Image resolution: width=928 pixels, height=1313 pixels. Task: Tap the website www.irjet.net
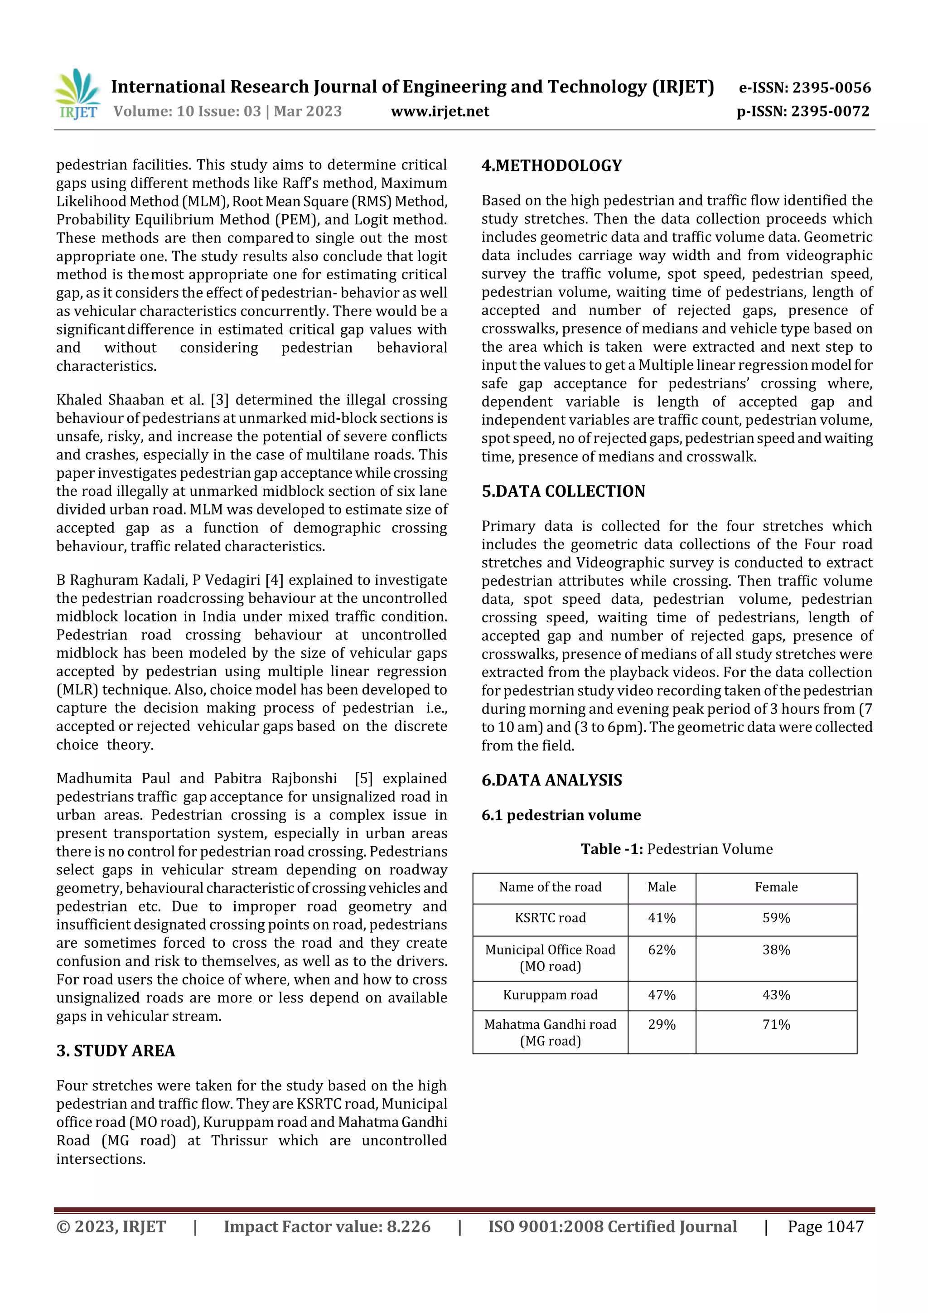pos(440,111)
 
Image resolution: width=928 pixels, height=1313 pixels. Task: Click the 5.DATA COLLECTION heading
pos(563,491)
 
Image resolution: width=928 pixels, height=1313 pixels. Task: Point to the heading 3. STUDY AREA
pos(116,1051)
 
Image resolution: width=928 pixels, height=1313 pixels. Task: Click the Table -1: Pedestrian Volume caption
pos(677,848)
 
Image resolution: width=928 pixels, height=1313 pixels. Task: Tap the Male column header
pos(662,887)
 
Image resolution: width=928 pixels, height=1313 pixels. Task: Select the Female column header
pos(776,887)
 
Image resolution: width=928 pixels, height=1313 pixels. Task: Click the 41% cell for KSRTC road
pos(662,918)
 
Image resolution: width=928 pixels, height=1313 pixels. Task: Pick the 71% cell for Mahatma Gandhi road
pos(776,1024)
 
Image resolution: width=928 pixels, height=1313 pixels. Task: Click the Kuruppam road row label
pos(550,994)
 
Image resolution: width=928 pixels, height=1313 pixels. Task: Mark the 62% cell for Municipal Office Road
pos(662,950)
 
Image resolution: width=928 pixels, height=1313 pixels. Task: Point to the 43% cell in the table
pos(776,994)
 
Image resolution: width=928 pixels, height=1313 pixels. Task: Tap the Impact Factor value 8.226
pos(408,1226)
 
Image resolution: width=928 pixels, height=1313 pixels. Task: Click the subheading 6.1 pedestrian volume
pos(561,815)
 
